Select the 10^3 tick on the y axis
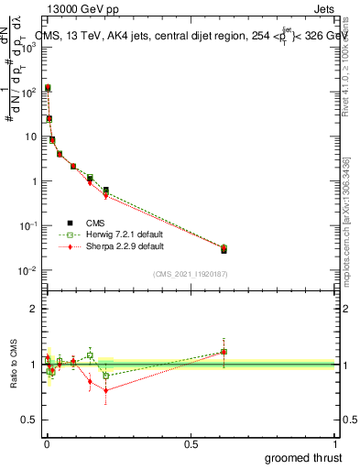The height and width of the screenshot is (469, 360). (x=28, y=48)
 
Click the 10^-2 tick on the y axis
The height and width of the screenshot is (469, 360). (x=28, y=270)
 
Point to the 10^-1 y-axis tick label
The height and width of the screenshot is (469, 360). (x=28, y=226)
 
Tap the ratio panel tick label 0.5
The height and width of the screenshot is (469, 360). (x=31, y=420)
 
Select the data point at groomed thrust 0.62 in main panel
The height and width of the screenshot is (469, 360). (x=224, y=249)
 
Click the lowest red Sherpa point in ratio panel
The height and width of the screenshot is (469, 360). (x=106, y=390)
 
